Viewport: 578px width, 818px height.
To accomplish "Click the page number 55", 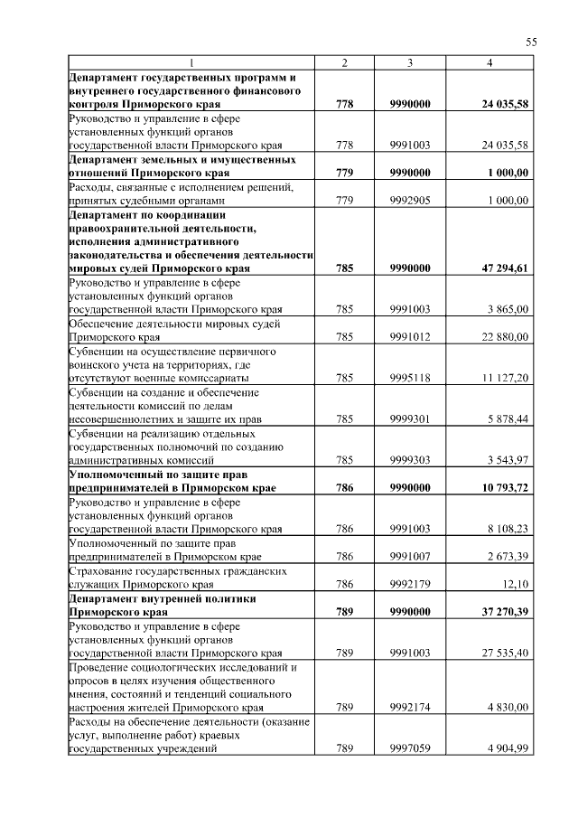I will pyautogui.click(x=531, y=42).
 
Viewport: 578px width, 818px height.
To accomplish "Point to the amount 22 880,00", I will pyautogui.click(x=505, y=337).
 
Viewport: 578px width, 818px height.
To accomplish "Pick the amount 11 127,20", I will pyautogui.click(x=505, y=378).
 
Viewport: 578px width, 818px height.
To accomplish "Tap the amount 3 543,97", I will pyautogui.click(x=507, y=459).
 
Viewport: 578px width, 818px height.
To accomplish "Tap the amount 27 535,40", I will pyautogui.click(x=505, y=653).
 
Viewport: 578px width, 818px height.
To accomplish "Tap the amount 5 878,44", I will pyautogui.click(x=507, y=418).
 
